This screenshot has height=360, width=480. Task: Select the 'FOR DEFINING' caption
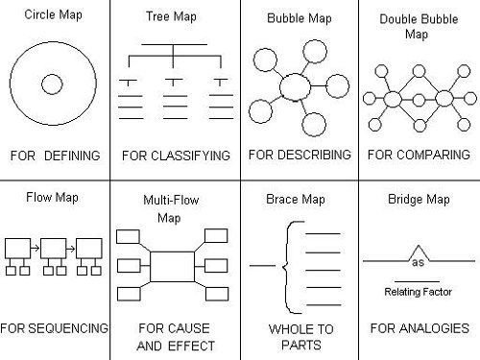[x=55, y=154]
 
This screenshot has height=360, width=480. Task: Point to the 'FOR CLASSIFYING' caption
[x=175, y=154]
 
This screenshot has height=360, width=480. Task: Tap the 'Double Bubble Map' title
[x=419, y=26]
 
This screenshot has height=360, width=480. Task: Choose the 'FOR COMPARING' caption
[x=419, y=154]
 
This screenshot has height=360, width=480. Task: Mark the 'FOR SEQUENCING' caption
[x=55, y=328]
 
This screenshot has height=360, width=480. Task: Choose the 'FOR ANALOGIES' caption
[x=419, y=328]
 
